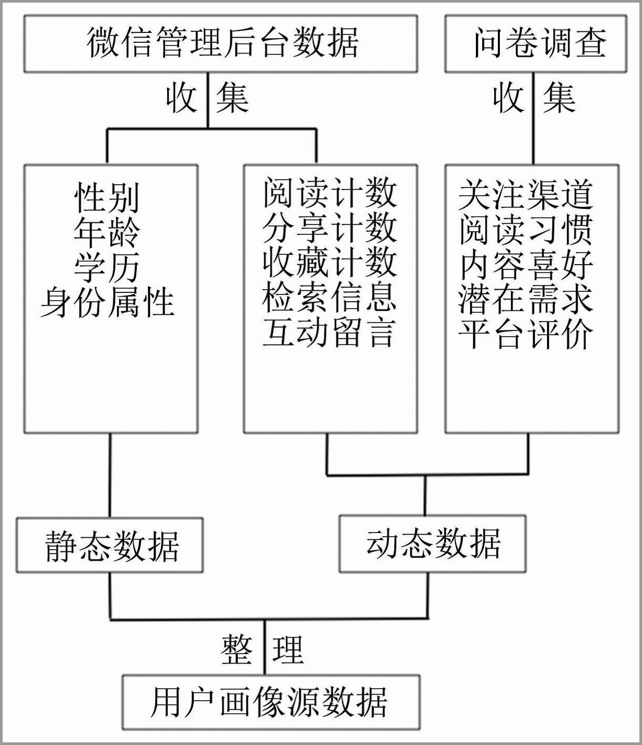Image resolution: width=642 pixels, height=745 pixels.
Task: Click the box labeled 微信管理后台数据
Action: [x=221, y=44]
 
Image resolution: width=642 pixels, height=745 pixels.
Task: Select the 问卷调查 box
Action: [x=536, y=44]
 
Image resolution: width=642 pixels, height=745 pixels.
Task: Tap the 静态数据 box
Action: [x=110, y=546]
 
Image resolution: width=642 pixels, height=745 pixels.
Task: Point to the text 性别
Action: [x=107, y=197]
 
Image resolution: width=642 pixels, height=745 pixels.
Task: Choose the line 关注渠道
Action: [x=526, y=195]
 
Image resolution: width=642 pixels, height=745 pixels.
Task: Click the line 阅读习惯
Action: [x=526, y=230]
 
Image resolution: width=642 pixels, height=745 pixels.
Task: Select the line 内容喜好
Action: [x=526, y=265]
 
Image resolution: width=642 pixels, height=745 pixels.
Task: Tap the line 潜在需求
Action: [x=526, y=299]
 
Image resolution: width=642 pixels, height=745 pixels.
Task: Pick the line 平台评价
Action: [x=526, y=334]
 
